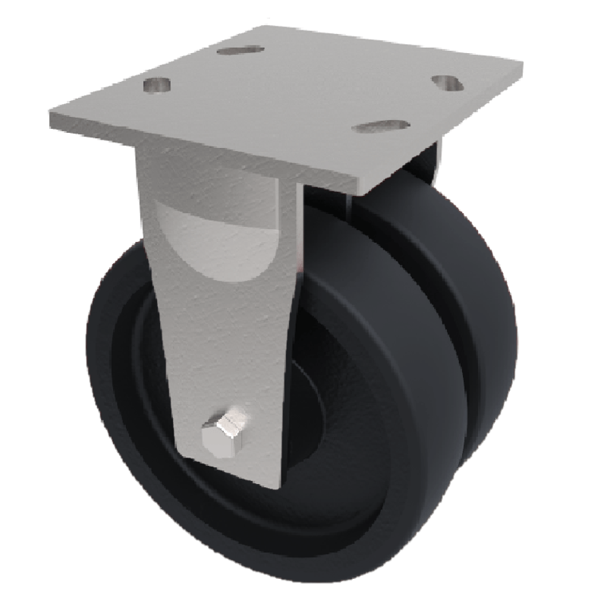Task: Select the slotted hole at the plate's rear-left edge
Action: tap(239, 50)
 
